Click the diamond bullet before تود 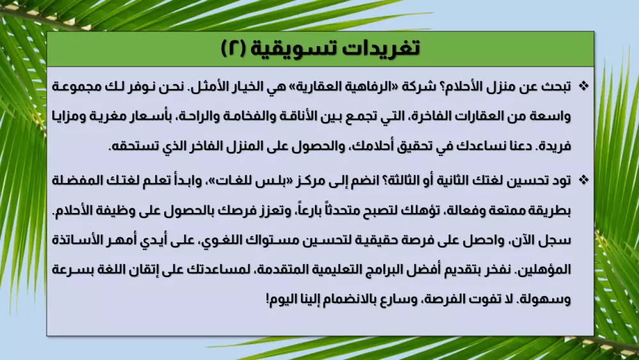pyautogui.click(x=583, y=180)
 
